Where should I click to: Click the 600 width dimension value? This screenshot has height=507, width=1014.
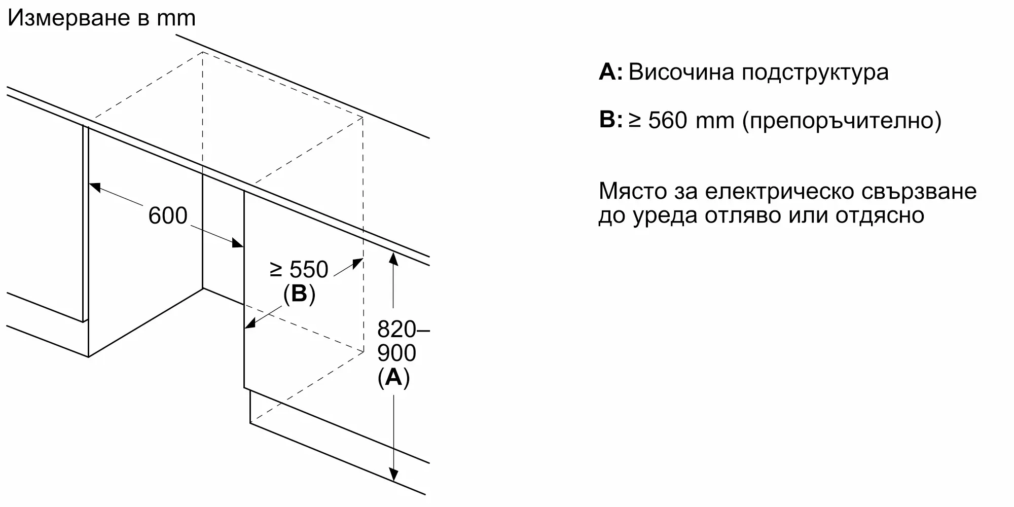168,216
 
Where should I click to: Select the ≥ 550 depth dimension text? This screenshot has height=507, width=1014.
299,269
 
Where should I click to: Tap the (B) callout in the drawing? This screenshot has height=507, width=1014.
299,294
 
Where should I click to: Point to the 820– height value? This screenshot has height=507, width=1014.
403,330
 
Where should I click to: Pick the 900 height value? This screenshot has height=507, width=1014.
396,353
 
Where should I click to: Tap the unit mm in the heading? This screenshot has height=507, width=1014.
176,19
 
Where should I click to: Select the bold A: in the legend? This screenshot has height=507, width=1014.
610,72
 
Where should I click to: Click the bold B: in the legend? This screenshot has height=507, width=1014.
610,120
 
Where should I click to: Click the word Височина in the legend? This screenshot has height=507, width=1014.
681,72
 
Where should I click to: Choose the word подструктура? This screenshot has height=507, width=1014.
815,73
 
